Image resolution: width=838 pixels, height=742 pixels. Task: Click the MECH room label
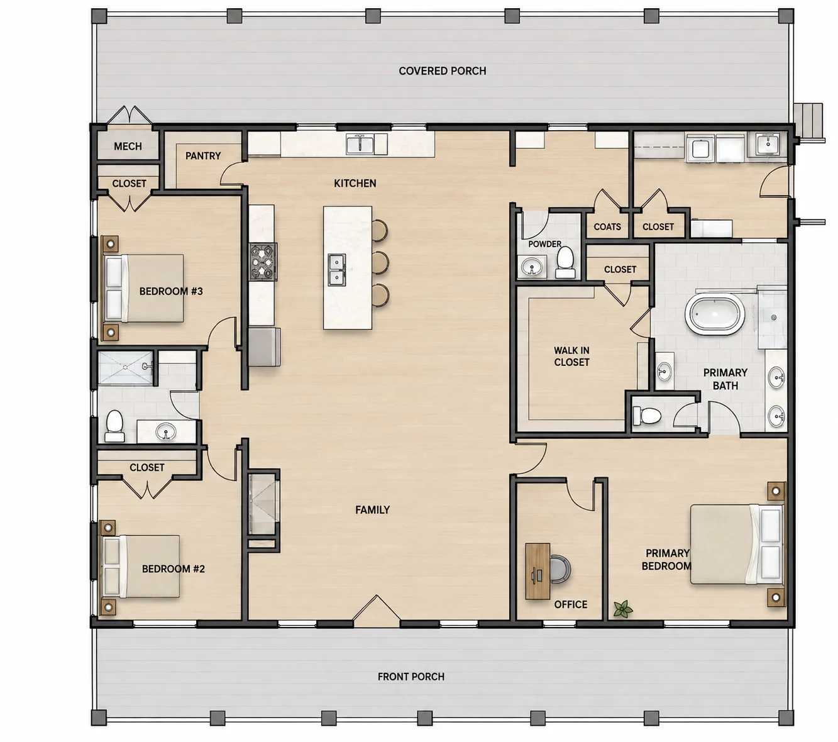coord(128,146)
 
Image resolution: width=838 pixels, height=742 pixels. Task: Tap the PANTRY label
coord(202,155)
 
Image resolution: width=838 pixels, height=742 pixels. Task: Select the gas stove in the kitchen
coord(263,262)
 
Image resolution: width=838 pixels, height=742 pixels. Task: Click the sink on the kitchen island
coord(337,270)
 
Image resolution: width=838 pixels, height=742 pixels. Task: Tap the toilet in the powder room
coord(565,262)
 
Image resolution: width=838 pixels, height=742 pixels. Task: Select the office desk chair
coord(561,570)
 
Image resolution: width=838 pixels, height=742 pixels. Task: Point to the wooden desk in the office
coord(538,571)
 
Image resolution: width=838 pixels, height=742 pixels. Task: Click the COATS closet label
coord(607,227)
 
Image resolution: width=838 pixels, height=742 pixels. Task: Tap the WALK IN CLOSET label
coord(571,357)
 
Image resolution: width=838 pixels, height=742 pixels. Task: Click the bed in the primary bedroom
coord(737,544)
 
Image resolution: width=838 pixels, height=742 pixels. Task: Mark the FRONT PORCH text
coord(411,677)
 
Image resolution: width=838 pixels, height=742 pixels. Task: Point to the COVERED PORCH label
coord(442,71)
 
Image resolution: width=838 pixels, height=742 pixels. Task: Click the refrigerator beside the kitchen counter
coord(264,347)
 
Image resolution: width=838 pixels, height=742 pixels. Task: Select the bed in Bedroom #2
coord(141,566)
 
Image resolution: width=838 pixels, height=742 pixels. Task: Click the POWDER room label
coord(545,244)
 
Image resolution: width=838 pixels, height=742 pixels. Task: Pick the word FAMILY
coord(372,510)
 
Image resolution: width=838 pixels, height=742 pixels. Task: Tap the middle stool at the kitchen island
coord(380,262)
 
